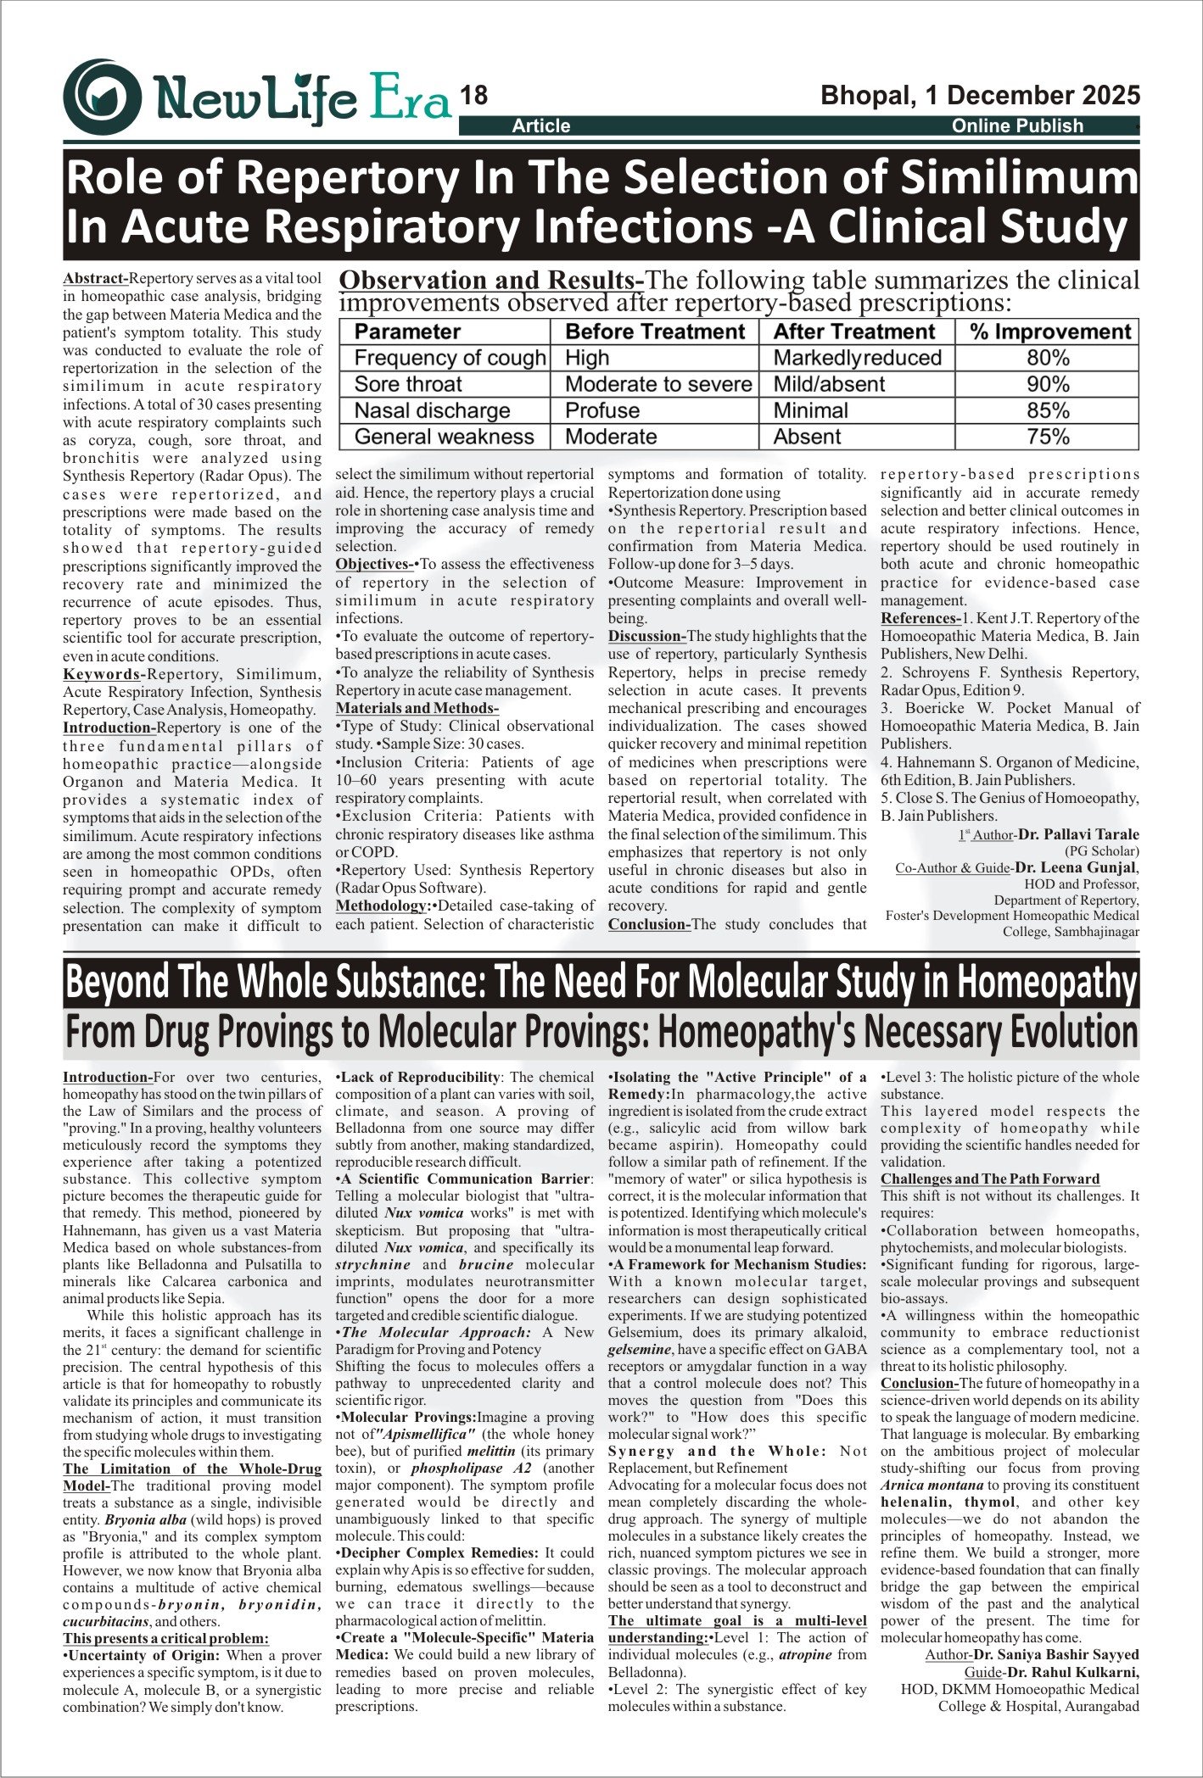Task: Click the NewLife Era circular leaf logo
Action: [102, 97]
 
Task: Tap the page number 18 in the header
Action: [473, 96]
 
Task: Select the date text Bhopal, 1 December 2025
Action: [980, 95]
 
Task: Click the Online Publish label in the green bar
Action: [1017, 125]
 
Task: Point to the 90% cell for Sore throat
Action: [1048, 384]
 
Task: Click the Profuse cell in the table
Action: [602, 410]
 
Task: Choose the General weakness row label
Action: [444, 437]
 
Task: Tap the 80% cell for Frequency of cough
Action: [1048, 358]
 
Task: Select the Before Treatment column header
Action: [655, 332]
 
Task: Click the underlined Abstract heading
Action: [95, 278]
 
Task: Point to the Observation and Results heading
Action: [492, 280]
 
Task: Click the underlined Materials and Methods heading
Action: [417, 708]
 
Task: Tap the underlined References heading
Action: [920, 618]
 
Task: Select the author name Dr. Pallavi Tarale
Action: [1078, 834]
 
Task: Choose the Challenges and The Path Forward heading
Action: [989, 1179]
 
